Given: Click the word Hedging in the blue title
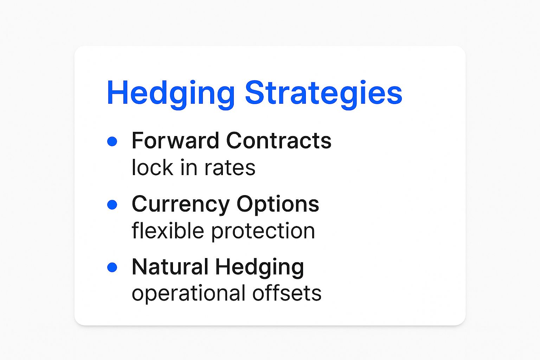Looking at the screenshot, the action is [171, 94].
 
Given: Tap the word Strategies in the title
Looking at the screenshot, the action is [323, 94].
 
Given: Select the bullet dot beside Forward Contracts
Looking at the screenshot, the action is [112, 141].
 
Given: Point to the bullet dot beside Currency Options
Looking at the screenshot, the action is [112, 205].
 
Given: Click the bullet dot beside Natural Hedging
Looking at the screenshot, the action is [112, 267].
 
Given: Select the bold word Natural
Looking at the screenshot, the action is [170, 267].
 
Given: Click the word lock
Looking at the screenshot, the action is [153, 167].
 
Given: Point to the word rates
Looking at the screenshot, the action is [230, 168].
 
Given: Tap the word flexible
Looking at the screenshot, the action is [168, 230].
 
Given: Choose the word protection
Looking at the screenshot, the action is [263, 231].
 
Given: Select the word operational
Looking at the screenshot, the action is [188, 294].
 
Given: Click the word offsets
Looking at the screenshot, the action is [287, 293].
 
